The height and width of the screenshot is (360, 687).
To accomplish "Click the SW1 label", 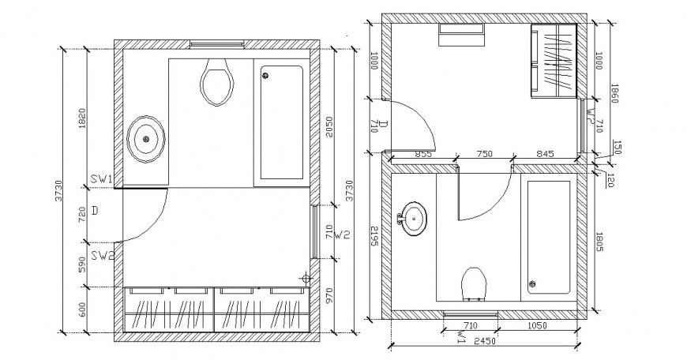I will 102,180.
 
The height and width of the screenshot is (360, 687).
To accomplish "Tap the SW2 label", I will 102,254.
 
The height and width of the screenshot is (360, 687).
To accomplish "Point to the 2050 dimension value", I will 329,126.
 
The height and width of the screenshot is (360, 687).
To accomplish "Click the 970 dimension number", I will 329,298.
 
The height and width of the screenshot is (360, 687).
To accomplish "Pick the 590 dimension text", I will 82,264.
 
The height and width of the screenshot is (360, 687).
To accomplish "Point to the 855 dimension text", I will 422,155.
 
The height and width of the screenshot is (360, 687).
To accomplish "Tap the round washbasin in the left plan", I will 146,139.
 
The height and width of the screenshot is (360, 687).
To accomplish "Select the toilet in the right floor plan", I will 474,284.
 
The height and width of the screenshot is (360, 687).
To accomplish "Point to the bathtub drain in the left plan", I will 265,76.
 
